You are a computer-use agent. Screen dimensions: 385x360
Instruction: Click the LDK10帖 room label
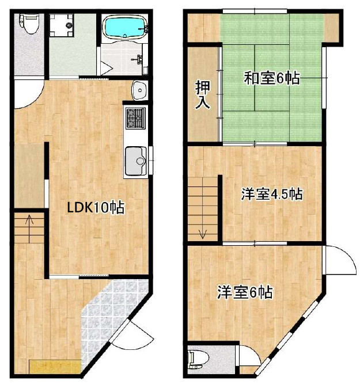tap(96, 208)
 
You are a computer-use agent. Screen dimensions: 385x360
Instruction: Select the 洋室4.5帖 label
tap(271, 195)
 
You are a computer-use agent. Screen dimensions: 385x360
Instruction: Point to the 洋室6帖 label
tap(244, 293)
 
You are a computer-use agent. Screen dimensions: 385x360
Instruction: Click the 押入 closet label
tap(202, 96)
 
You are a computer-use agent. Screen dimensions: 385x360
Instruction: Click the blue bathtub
tap(125, 26)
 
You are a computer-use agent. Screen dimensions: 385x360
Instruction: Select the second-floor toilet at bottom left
tap(196, 360)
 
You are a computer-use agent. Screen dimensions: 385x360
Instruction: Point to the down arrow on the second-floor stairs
tap(203, 234)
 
